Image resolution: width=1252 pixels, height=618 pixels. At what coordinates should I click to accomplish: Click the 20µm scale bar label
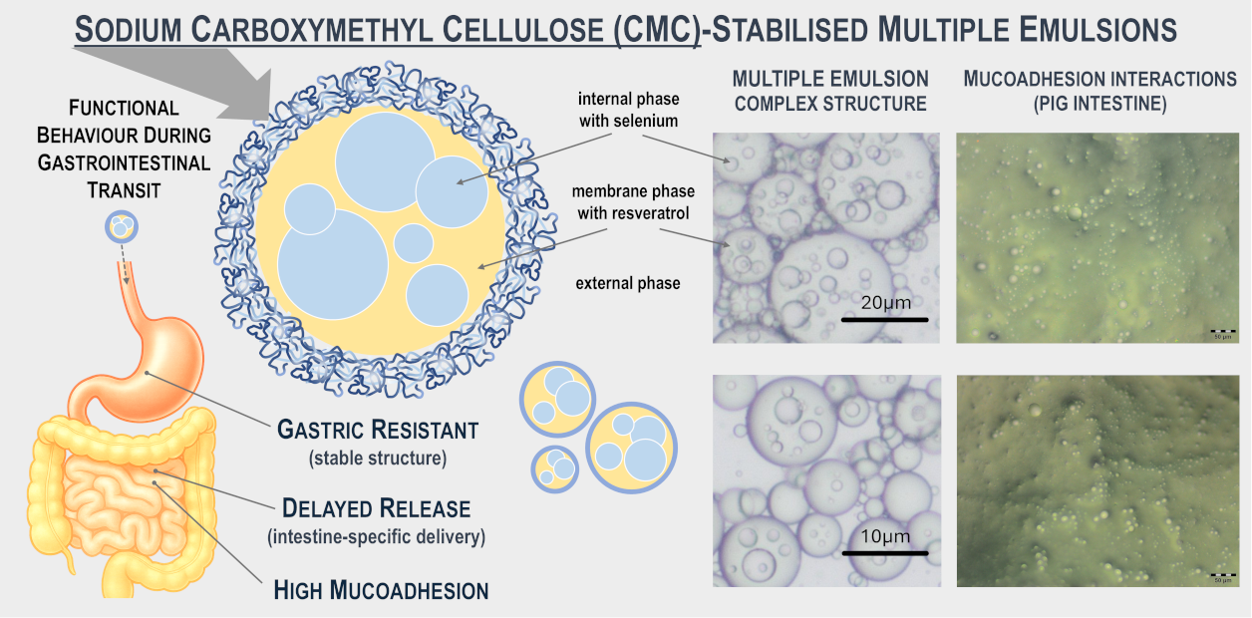[x=883, y=303]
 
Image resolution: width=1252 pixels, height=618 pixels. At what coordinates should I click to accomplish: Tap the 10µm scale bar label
[x=883, y=536]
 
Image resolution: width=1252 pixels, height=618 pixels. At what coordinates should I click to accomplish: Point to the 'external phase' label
[x=628, y=283]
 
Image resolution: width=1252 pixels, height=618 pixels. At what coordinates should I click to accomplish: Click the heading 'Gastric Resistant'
[x=377, y=431]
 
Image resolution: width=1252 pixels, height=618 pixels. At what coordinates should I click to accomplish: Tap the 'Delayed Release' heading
[x=376, y=508]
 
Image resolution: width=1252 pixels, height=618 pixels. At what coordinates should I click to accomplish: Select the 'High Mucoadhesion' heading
[x=381, y=590]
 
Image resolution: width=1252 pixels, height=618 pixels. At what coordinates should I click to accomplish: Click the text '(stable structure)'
[x=377, y=459]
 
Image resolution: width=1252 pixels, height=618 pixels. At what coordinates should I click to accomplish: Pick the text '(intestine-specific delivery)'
[x=376, y=536]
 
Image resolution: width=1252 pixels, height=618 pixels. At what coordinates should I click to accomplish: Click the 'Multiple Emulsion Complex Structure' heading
[x=829, y=91]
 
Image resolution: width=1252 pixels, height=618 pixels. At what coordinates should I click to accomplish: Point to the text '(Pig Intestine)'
[x=1100, y=104]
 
